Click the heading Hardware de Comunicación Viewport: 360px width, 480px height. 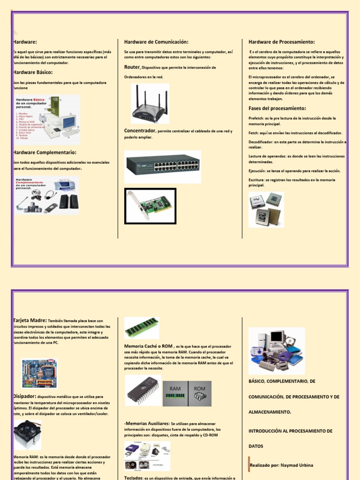tap(156, 42)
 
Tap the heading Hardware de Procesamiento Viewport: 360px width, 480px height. tap(282, 42)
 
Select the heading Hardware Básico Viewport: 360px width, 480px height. tap(33, 72)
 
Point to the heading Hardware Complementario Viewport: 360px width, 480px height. tap(45, 152)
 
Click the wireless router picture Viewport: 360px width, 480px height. tap(150, 104)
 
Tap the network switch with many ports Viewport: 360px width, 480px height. tap(163, 166)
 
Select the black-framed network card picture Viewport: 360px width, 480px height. tap(150, 205)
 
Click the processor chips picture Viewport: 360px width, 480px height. tap(266, 210)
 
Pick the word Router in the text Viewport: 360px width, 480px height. tap(132, 67)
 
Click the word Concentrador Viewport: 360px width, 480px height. tap(140, 131)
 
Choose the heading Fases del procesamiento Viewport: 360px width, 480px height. tap(277, 108)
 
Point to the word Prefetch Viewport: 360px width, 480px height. tap(256, 119)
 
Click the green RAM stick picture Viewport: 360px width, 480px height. tap(142, 327)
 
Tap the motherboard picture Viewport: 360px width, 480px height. tap(40, 374)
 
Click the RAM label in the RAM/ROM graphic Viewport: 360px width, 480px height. tap(175, 389)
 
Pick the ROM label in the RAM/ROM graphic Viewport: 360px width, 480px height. tap(200, 389)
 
